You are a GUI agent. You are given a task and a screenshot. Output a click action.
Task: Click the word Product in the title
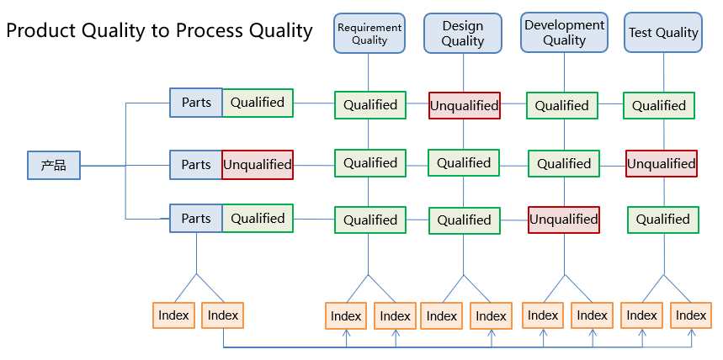point(41,31)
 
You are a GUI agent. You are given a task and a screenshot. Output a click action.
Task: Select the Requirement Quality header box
point(369,33)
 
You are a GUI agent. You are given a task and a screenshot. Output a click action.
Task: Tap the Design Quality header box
point(462,33)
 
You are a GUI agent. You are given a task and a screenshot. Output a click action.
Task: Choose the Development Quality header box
point(565,32)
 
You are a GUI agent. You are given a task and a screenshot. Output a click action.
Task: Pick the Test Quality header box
point(663,32)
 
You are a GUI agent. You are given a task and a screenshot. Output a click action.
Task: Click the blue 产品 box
point(54,165)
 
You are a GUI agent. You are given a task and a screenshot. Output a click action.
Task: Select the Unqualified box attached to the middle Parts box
point(258,165)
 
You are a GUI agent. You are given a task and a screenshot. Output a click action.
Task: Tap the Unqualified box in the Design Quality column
point(465,105)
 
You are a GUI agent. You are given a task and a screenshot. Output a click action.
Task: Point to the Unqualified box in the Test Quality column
point(662,164)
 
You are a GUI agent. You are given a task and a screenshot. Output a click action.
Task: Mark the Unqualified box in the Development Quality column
point(563,220)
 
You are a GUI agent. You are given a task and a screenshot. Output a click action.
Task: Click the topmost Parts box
point(196,103)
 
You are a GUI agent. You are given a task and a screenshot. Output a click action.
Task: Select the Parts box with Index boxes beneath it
point(196,218)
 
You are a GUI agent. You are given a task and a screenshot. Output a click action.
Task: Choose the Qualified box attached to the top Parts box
point(258,103)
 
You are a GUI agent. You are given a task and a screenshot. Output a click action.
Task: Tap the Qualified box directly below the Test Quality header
point(659,105)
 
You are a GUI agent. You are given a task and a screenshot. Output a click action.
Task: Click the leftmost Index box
point(173,315)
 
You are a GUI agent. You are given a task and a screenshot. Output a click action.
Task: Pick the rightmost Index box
point(691,315)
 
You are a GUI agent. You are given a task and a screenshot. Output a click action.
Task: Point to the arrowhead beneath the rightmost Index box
point(691,332)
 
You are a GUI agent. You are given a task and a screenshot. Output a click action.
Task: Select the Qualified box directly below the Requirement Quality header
point(370,105)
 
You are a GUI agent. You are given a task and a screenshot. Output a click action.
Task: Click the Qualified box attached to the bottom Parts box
point(258,218)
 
